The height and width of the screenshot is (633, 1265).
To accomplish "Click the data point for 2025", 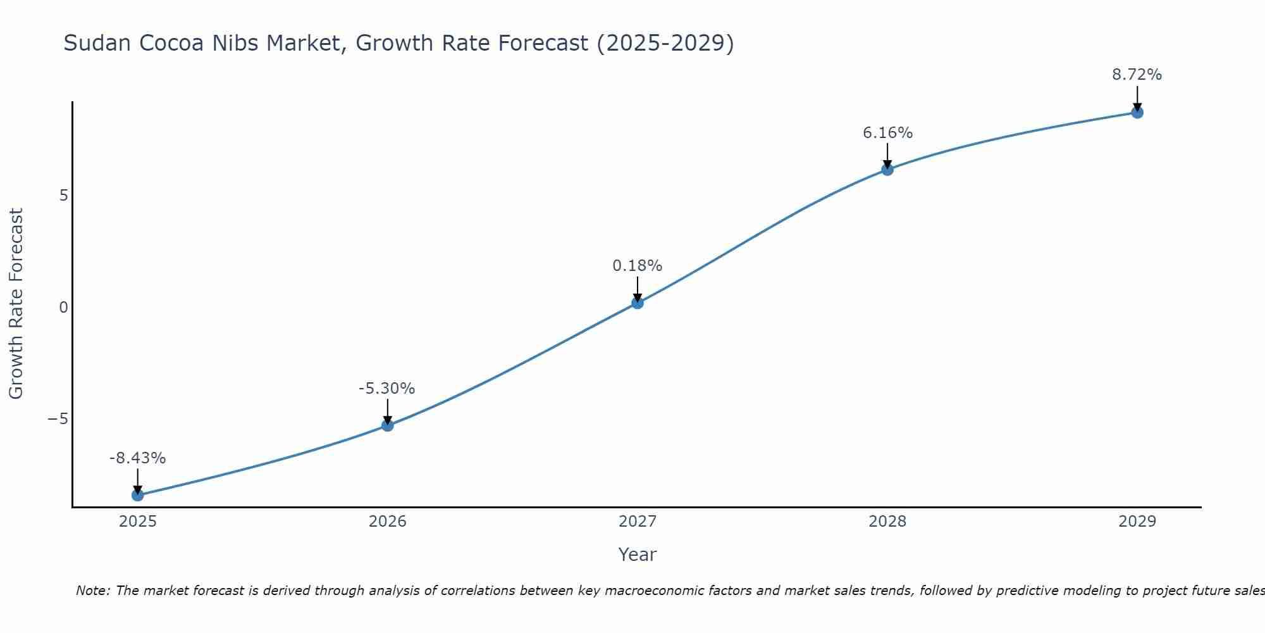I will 137,495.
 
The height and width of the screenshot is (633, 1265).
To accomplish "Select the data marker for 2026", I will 387,425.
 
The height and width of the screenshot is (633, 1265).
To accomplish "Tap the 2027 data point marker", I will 637,303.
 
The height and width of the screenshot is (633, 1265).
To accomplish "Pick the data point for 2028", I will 887,170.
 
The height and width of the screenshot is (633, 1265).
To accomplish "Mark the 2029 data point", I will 1137,113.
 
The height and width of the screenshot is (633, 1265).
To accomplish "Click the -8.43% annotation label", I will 137,458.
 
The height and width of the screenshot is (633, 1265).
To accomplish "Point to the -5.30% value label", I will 386,389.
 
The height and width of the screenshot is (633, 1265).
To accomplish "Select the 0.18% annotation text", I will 637,266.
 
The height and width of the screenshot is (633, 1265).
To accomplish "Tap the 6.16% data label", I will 887,133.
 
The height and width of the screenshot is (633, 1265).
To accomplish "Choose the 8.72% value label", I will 1137,75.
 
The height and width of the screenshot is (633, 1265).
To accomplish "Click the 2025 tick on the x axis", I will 137,522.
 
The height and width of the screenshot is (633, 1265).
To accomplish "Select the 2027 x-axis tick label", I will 637,522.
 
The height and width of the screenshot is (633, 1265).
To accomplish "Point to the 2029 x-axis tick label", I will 1137,522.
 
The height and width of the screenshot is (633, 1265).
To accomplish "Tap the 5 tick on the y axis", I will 63,196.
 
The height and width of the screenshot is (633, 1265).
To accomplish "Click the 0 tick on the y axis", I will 63,308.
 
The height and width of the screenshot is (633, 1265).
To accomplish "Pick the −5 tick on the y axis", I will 58,419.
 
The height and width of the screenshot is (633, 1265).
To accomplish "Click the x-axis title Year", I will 637,555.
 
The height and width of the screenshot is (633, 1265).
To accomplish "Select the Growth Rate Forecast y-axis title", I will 16,304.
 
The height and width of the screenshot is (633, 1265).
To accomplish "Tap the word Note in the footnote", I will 92,591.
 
